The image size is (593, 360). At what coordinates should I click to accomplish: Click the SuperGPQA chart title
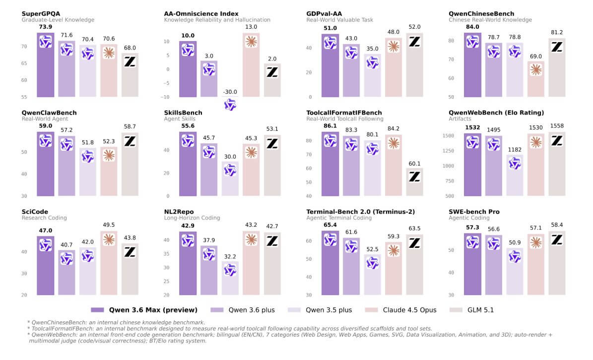[x=40, y=13]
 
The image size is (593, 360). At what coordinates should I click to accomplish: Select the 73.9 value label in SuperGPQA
[x=46, y=26]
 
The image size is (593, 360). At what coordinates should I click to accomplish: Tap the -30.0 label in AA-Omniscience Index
[x=230, y=92]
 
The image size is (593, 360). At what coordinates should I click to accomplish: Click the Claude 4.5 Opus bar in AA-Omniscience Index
[x=252, y=64]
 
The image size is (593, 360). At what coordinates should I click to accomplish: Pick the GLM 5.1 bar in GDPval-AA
[x=415, y=64]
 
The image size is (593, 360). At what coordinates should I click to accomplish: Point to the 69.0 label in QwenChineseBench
[x=536, y=57]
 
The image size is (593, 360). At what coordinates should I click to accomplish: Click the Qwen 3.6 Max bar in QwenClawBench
[x=46, y=164]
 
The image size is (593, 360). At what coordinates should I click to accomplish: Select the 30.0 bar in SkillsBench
[x=230, y=179]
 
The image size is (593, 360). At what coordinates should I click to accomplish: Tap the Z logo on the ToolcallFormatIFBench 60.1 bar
[x=415, y=176]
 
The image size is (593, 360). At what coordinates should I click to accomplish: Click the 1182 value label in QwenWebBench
[x=515, y=149]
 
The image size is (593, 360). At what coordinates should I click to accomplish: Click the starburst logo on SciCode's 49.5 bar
[x=109, y=239]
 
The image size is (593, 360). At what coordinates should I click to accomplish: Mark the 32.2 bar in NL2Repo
[x=230, y=278]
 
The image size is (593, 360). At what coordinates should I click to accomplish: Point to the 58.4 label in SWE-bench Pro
[x=557, y=225]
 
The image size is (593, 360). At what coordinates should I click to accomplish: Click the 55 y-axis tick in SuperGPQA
[x=25, y=97]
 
